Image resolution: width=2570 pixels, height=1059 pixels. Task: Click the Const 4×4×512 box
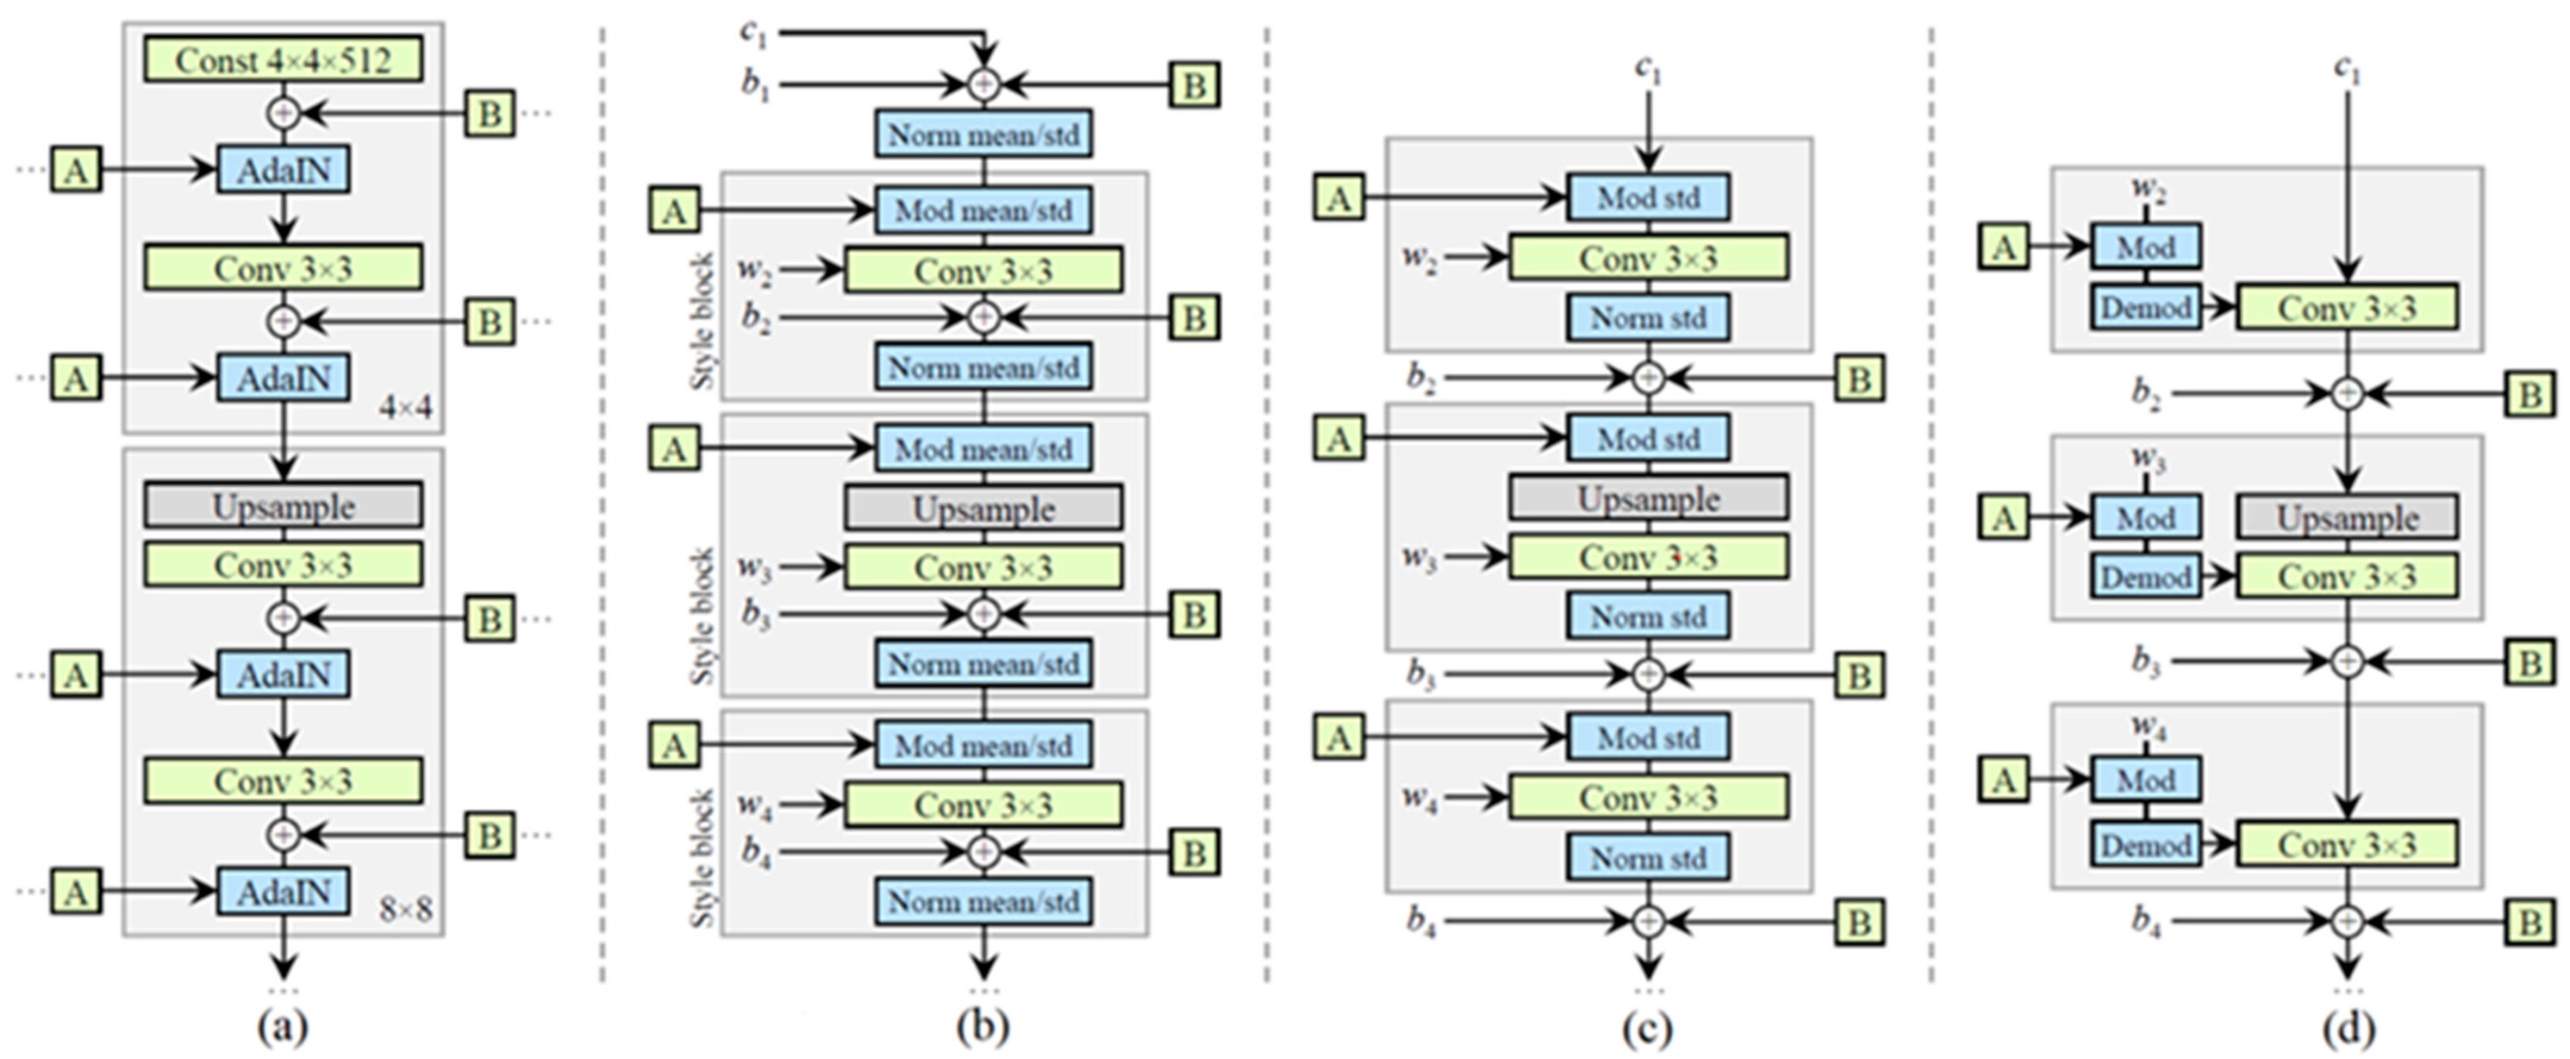point(283,60)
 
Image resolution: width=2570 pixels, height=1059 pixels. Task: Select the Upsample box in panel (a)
point(283,506)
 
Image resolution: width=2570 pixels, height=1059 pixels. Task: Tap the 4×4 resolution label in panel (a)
point(405,408)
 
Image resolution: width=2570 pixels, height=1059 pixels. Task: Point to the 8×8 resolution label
point(405,910)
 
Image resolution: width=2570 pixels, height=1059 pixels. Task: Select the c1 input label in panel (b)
point(754,32)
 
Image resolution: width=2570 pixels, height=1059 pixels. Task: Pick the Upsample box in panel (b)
point(983,509)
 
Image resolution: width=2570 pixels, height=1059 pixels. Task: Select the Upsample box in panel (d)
point(2347,518)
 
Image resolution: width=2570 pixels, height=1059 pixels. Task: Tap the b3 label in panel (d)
point(2146,661)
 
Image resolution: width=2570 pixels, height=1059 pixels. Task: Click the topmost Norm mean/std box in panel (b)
point(983,134)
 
